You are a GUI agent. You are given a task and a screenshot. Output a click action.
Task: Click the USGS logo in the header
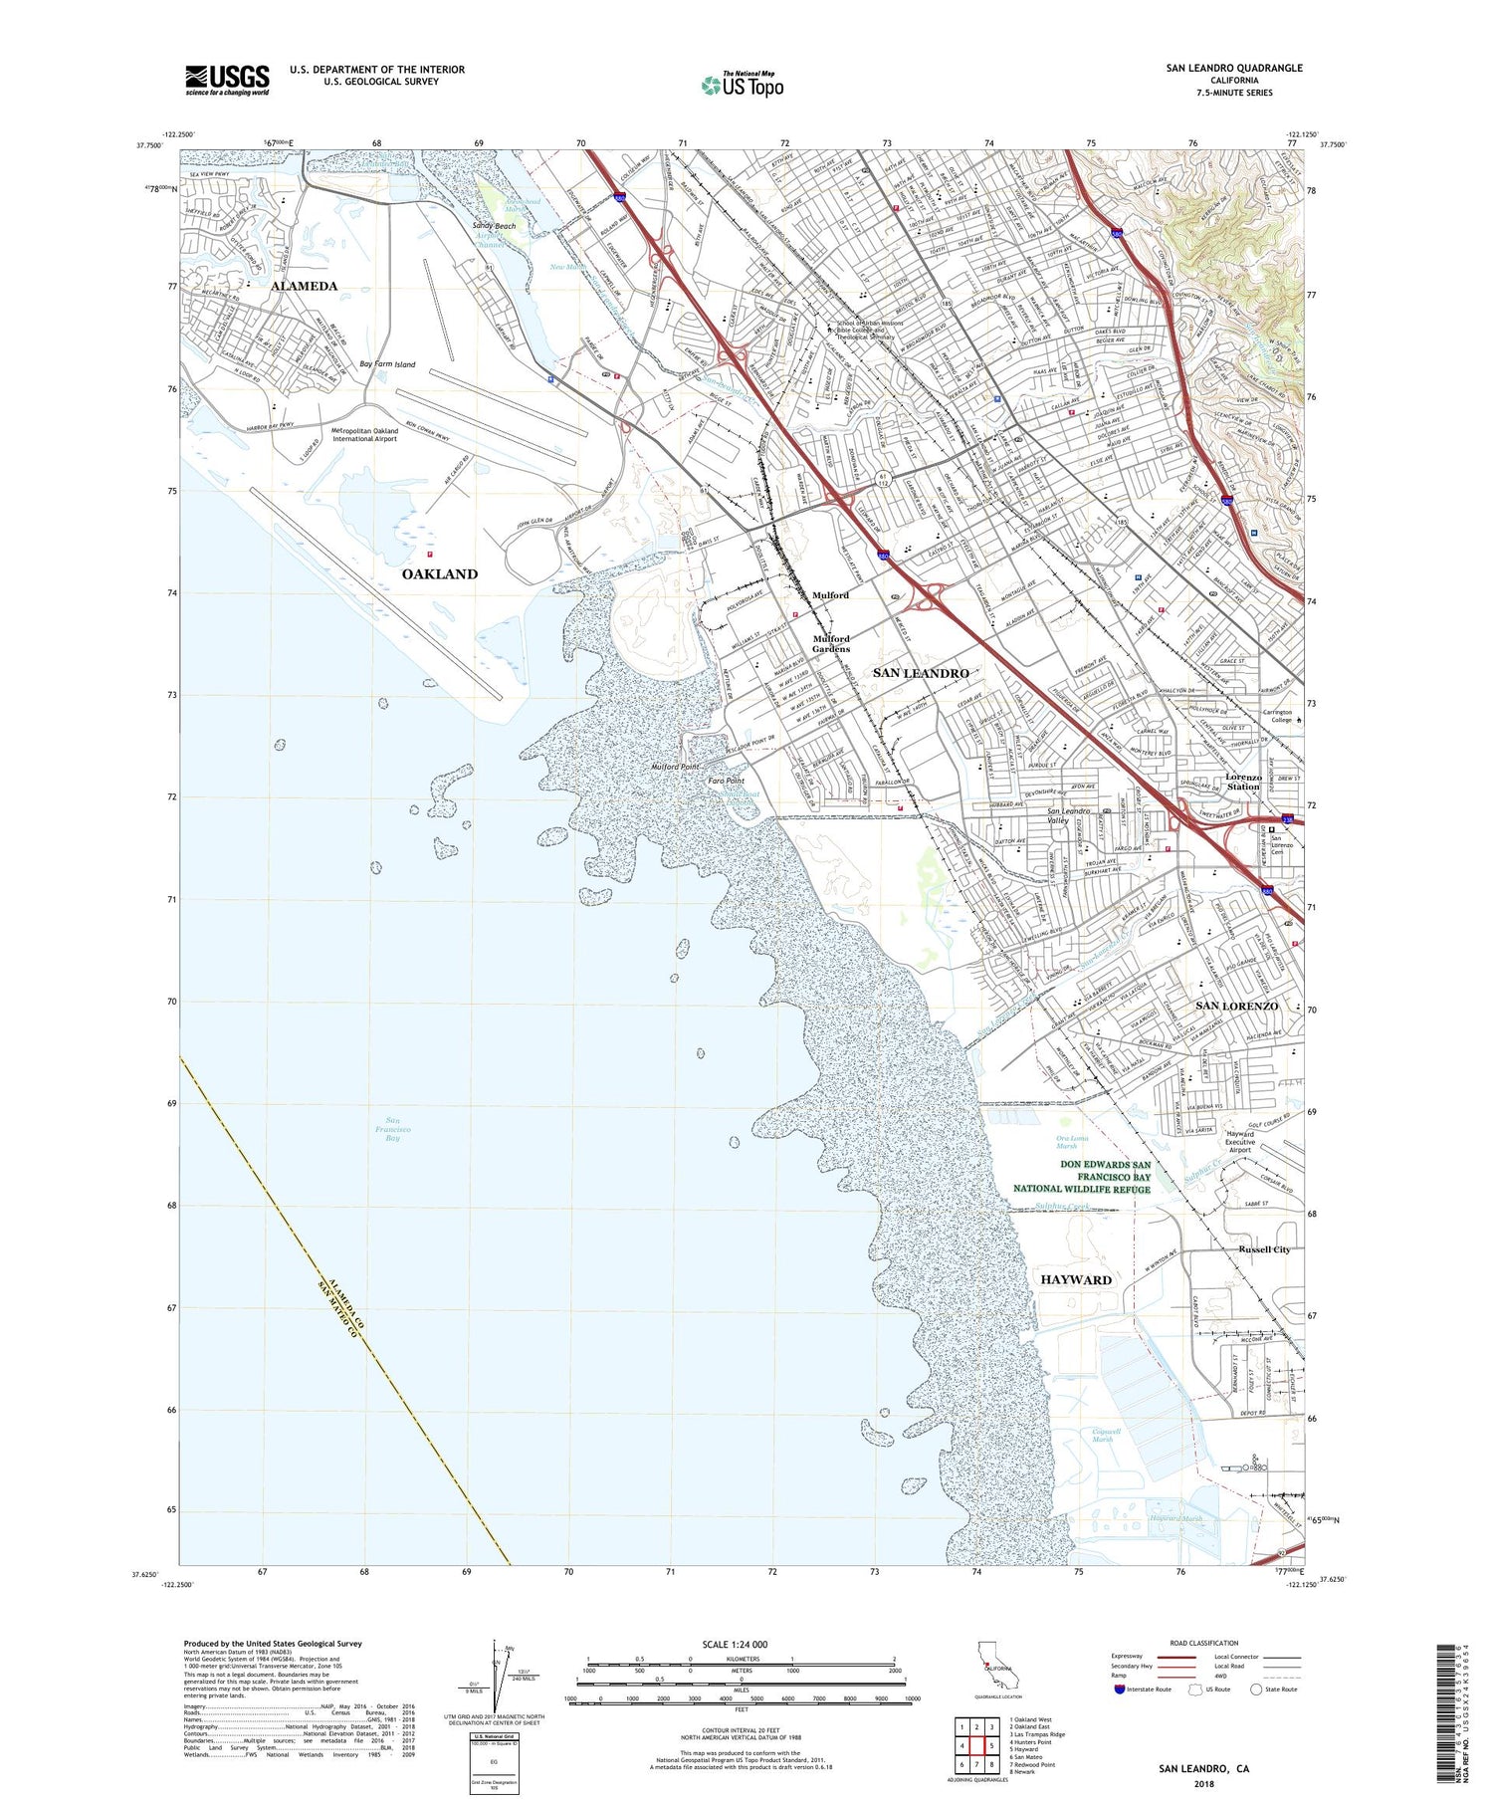tap(227, 80)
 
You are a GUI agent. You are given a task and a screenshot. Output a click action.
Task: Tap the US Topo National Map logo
tap(743, 85)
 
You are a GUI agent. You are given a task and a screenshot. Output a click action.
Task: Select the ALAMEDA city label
tap(304, 286)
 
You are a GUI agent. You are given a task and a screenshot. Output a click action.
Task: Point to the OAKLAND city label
tap(439, 573)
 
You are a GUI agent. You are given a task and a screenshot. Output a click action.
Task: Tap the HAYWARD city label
tap(1075, 1279)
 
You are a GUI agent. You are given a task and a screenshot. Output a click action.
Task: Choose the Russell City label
tap(1264, 1249)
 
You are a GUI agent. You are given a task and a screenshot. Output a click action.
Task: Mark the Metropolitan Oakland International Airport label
tap(364, 434)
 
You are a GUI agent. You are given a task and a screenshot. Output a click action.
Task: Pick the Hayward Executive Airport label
tap(1239, 1142)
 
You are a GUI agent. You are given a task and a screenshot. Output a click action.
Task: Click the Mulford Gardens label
tap(831, 643)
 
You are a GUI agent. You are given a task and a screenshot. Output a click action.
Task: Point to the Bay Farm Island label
tap(387, 364)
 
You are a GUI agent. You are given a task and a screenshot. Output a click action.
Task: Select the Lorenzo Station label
tap(1243, 782)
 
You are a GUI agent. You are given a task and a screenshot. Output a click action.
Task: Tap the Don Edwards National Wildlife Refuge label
tap(1082, 1176)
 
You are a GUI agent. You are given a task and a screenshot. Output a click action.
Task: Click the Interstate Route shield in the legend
tap(1120, 1690)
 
